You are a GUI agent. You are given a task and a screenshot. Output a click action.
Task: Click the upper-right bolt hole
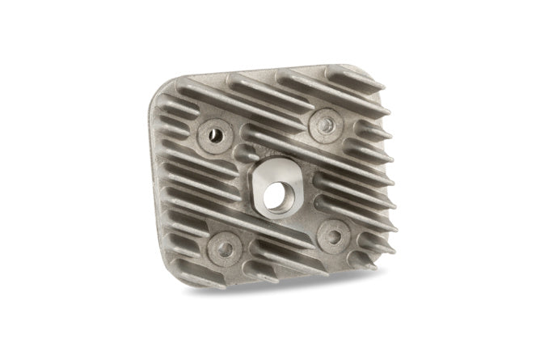(x=325, y=124)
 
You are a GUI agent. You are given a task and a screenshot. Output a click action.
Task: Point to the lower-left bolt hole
(x=225, y=245)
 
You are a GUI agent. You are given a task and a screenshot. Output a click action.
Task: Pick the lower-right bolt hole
(x=332, y=235)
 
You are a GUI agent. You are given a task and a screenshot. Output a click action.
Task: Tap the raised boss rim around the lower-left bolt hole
(x=213, y=243)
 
